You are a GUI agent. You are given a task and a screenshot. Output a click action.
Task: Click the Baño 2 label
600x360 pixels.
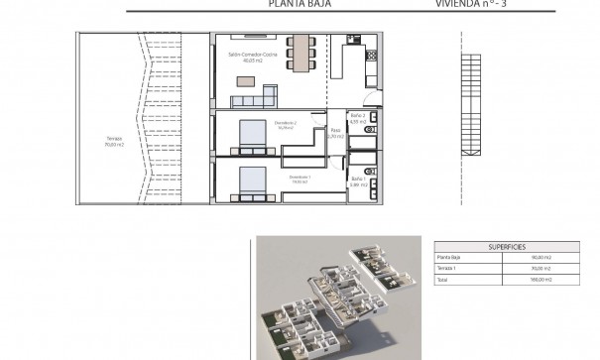coord(359,120)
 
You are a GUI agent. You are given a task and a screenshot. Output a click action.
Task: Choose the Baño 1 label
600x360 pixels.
coord(359,181)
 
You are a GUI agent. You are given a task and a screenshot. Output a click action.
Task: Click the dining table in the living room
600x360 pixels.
coord(299,49)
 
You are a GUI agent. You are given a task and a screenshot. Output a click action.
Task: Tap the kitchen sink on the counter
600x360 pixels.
coord(353,41)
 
